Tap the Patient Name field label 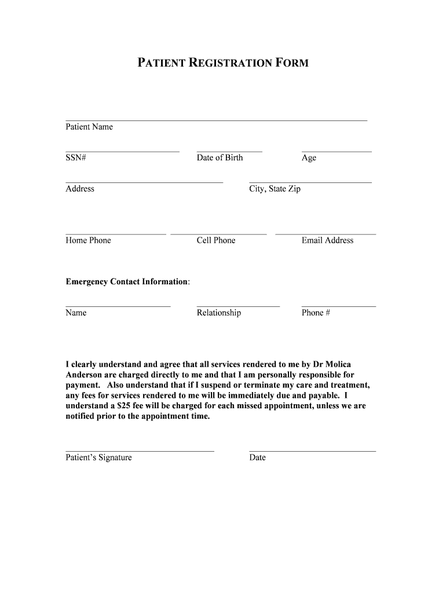click(x=89, y=127)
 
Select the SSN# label click(x=76, y=158)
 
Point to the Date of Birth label click(x=220, y=158)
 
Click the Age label click(x=309, y=158)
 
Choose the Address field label click(x=80, y=189)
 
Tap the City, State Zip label click(x=275, y=189)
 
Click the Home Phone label click(x=88, y=240)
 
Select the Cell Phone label click(x=216, y=240)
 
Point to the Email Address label click(x=327, y=240)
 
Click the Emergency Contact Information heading click(x=127, y=281)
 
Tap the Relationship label click(x=219, y=313)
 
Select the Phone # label click(x=316, y=313)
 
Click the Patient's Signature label click(x=98, y=457)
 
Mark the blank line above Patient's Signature click(x=140, y=451)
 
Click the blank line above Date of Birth click(x=229, y=152)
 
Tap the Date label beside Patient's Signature click(x=257, y=457)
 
